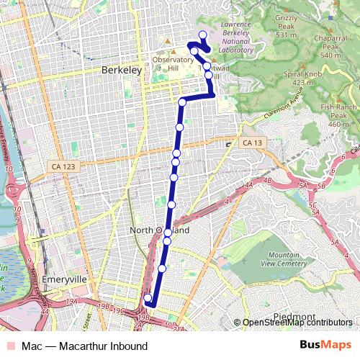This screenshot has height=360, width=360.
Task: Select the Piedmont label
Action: click(x=294, y=317)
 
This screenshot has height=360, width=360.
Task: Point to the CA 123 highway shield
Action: click(x=63, y=166)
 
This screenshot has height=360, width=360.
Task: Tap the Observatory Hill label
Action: click(x=168, y=64)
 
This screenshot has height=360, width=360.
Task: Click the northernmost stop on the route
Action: click(x=202, y=35)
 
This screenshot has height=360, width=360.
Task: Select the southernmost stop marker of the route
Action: click(x=148, y=298)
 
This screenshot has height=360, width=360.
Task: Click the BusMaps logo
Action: click(x=325, y=346)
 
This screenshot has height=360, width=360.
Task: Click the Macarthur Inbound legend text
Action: click(x=85, y=346)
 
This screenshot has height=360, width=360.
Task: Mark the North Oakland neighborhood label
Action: click(x=160, y=230)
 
